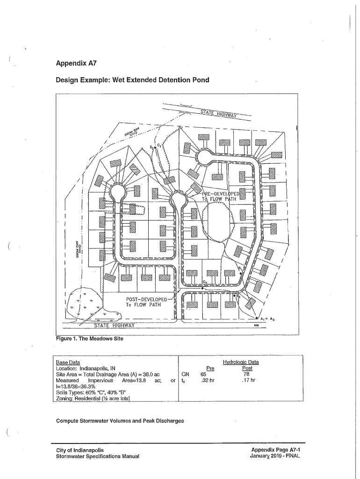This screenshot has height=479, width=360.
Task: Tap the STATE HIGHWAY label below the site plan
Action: tap(114, 326)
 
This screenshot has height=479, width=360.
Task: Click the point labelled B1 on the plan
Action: tap(239, 269)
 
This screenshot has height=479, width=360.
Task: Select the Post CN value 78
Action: tap(246, 374)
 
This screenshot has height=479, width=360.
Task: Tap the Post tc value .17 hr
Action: tap(247, 381)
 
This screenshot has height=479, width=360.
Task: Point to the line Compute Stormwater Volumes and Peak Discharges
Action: tap(120, 421)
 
